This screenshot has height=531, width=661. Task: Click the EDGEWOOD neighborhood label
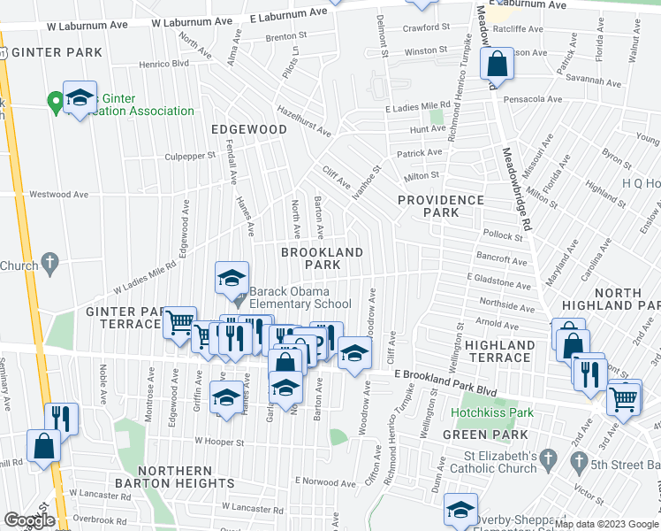tap(249, 129)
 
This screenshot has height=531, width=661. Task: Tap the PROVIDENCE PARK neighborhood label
tap(440, 206)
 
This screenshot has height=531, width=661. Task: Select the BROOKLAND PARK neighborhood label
tap(322, 258)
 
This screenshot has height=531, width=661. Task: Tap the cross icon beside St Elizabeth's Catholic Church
tap(548, 459)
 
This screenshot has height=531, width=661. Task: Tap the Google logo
tap(29, 520)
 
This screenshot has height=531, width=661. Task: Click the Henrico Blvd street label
tap(168, 63)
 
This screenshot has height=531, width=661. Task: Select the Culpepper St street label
tap(190, 156)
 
